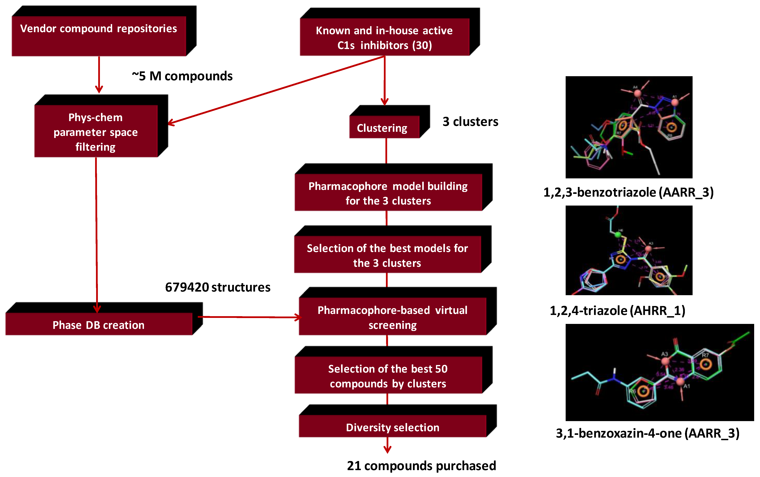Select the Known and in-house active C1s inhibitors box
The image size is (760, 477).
click(x=384, y=37)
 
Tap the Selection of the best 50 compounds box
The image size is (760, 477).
click(x=388, y=375)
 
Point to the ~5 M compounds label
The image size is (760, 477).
click(x=182, y=76)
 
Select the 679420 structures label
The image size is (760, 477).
click(x=218, y=287)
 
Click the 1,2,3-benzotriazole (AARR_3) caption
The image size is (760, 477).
click(x=628, y=192)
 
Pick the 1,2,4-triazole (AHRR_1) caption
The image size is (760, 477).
click(x=617, y=310)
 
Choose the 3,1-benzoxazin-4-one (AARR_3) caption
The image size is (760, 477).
click(x=647, y=433)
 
